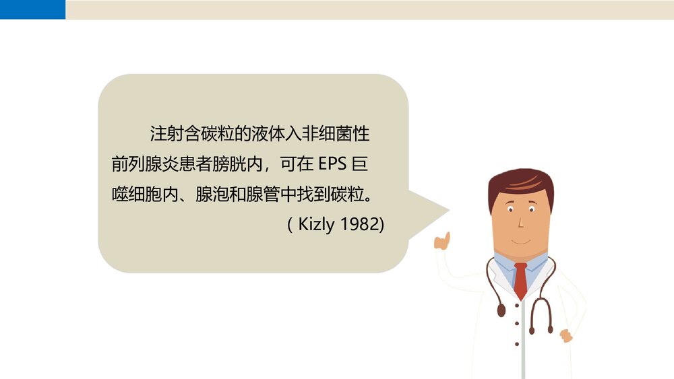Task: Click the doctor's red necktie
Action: tap(520, 280)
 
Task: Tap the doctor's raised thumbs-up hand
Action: tap(442, 241)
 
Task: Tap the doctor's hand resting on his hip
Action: tap(565, 335)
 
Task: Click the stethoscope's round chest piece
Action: tap(501, 311)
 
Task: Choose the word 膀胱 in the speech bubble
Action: tap(228, 164)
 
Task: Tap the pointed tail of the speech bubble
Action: tap(435, 209)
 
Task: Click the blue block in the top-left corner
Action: tap(32, 9)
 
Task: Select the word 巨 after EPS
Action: tap(360, 164)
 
